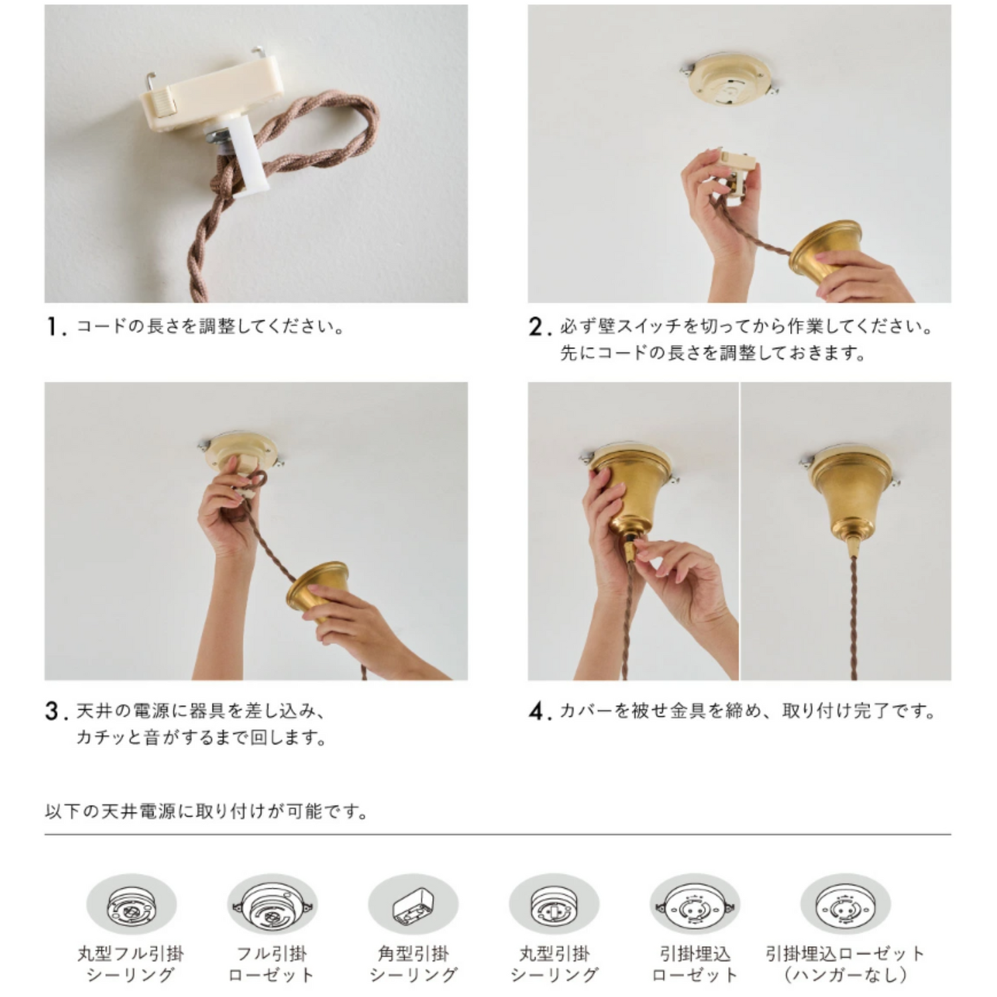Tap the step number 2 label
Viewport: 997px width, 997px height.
[x=540, y=327]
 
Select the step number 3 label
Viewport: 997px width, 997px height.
[x=56, y=712]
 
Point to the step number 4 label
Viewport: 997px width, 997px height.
[x=540, y=712]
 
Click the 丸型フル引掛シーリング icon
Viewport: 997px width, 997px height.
[x=132, y=905]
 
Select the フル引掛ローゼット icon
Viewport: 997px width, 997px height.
[x=273, y=905]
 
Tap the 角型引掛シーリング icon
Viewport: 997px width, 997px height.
[x=413, y=905]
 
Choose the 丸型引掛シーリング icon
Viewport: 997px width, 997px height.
[x=554, y=905]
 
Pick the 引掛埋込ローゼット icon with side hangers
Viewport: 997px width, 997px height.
[x=695, y=905]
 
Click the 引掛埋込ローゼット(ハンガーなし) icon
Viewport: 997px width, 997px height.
[x=845, y=905]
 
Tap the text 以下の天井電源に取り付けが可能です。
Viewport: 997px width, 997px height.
[x=207, y=812]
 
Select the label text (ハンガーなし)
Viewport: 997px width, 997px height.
[x=845, y=975]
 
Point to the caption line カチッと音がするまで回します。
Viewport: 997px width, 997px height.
[x=201, y=738]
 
